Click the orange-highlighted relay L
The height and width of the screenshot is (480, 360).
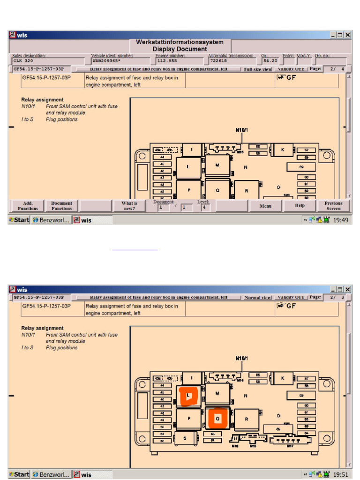click(x=189, y=397)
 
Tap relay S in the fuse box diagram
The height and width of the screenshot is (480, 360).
click(x=185, y=439)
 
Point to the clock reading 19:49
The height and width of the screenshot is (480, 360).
click(x=340, y=220)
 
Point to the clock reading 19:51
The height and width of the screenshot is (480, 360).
click(x=340, y=474)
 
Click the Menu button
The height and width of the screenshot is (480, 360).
click(x=266, y=205)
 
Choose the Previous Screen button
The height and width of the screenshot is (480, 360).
click(x=333, y=205)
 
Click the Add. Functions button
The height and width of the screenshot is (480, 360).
click(x=28, y=205)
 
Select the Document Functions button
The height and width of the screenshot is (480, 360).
click(x=61, y=205)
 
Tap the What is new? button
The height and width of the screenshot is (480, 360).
click(x=129, y=205)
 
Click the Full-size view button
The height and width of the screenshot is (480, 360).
click(x=258, y=69)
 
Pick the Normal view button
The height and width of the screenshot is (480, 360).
click(x=258, y=297)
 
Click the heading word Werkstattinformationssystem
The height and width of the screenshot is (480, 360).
click(x=180, y=42)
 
